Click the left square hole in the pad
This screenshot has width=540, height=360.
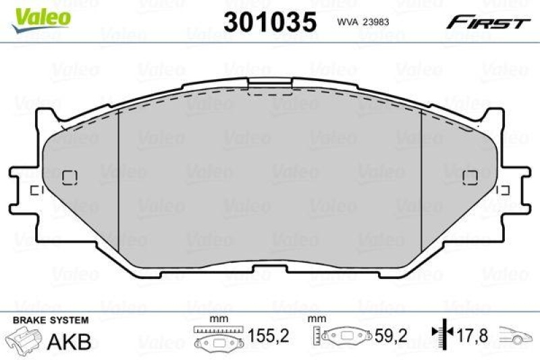click(x=70, y=177)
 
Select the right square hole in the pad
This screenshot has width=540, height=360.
click(x=470, y=177)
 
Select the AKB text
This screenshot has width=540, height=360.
click(x=68, y=342)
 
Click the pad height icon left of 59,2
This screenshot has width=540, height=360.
click(x=345, y=336)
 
